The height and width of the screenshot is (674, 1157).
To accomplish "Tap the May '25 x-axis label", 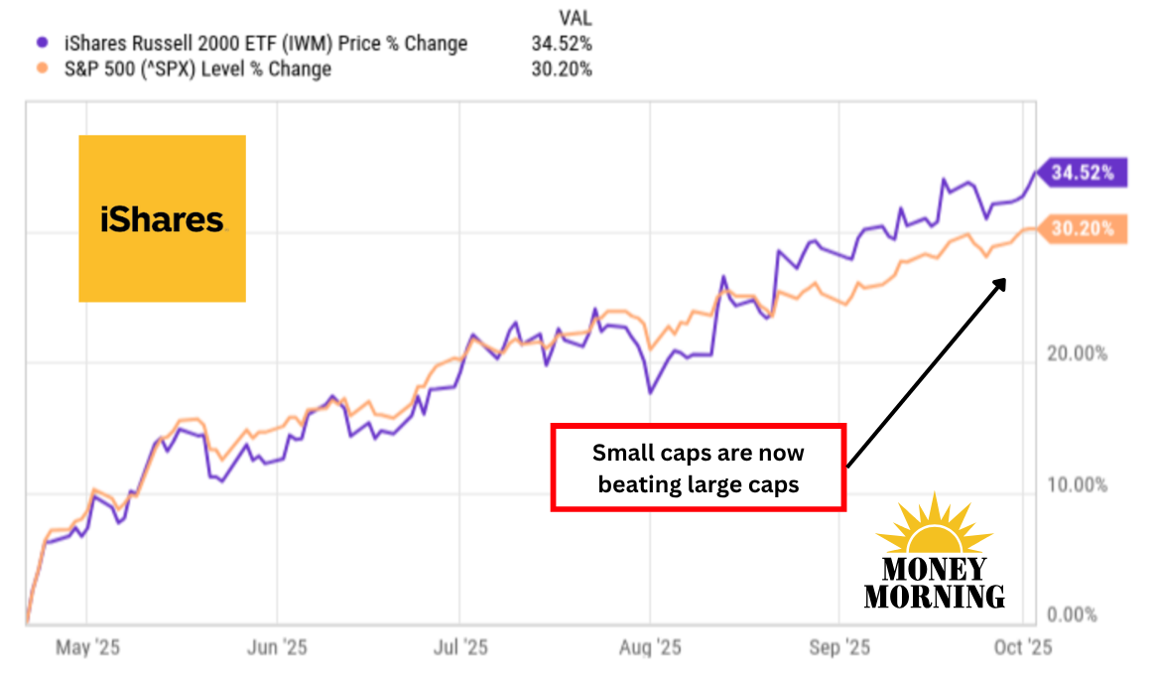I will (x=86, y=648).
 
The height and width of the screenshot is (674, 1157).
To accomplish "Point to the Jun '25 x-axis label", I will (x=277, y=648).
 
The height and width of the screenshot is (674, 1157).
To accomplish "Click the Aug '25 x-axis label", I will (x=650, y=648).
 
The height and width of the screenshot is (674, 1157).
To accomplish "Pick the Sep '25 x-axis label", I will (x=839, y=648).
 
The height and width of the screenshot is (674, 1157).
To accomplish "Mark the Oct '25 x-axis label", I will (x=1023, y=648).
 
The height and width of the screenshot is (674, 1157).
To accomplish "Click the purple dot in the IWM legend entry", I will (x=41, y=44).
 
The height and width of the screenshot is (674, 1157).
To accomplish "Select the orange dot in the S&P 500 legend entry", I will (x=41, y=69).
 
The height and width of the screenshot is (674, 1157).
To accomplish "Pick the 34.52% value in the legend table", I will (x=562, y=44).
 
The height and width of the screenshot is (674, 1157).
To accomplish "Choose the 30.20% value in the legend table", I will (x=562, y=69).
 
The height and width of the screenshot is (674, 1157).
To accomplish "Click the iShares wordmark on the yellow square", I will (x=162, y=219).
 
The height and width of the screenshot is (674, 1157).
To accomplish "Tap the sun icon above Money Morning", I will (x=934, y=526).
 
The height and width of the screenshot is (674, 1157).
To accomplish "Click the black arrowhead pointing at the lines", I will (x=999, y=285).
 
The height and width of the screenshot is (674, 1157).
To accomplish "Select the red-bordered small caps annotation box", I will (x=699, y=468).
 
